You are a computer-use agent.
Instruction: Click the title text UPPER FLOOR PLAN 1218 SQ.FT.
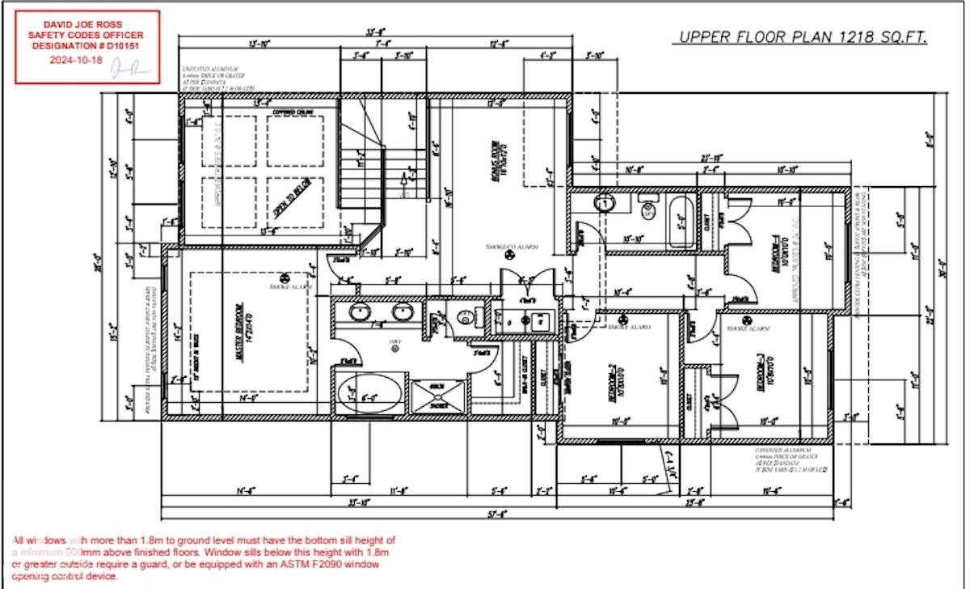tap(801, 37)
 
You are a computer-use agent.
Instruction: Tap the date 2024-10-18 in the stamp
tap(77, 60)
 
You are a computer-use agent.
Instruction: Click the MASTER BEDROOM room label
tap(239, 332)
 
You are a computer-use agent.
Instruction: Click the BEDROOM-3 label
tap(762, 372)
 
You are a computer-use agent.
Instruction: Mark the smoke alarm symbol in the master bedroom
tap(283, 276)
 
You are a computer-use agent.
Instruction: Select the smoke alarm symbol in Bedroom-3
tap(744, 319)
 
